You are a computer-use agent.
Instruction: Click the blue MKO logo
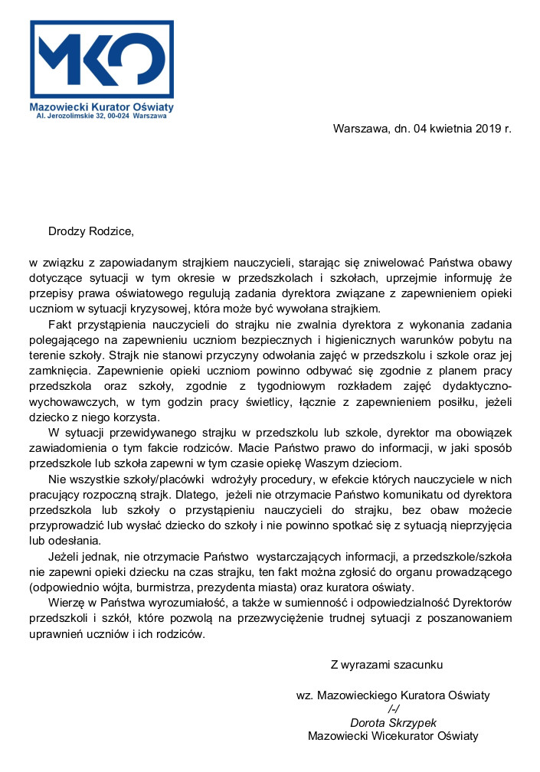[x=101, y=61]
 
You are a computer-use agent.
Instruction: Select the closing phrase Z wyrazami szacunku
[x=386, y=664]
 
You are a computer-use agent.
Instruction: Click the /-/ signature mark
[x=394, y=709]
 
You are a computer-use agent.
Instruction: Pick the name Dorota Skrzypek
[x=393, y=722]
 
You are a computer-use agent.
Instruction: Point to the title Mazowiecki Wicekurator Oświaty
[x=393, y=736]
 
